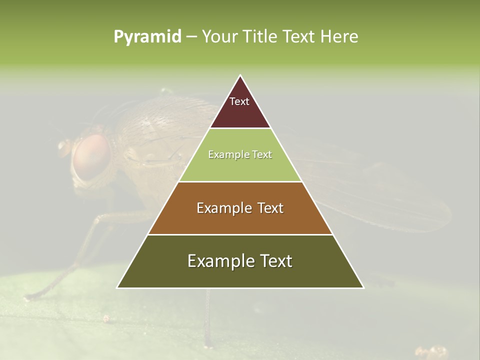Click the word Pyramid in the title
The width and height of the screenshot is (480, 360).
pos(147,37)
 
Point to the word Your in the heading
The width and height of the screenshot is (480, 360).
pos(220,36)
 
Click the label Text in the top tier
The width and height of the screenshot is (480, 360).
pos(239,101)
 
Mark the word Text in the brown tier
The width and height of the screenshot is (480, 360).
pos(270,208)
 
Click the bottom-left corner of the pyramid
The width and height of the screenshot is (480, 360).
pos(117,287)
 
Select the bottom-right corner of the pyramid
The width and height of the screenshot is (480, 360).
pos(363,287)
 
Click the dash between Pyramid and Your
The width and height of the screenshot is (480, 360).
pos(191,37)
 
